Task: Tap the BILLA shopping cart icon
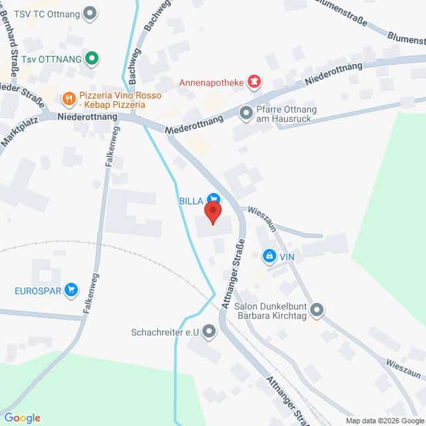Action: click(x=213, y=198)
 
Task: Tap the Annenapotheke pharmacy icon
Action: click(x=254, y=83)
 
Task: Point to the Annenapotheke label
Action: click(x=211, y=83)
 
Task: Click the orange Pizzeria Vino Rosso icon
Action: click(x=68, y=100)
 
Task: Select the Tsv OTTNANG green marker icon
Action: click(x=93, y=59)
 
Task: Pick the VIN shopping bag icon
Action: click(x=269, y=255)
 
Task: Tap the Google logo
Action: click(x=23, y=417)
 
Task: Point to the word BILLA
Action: click(x=190, y=198)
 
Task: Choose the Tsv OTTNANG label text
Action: click(x=51, y=59)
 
